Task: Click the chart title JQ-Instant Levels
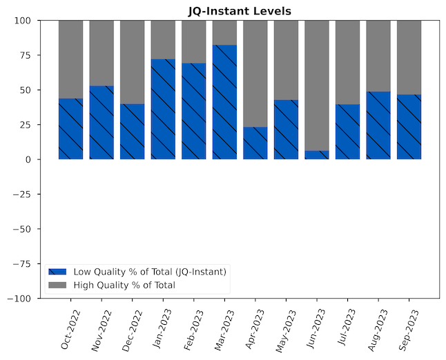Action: pos(240,11)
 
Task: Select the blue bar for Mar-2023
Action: pos(224,102)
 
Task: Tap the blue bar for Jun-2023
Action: pos(317,155)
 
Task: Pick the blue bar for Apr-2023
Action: pos(255,143)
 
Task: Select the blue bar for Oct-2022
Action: pos(70,129)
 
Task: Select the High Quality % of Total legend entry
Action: pos(124,285)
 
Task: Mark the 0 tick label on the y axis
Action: pos(30,159)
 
